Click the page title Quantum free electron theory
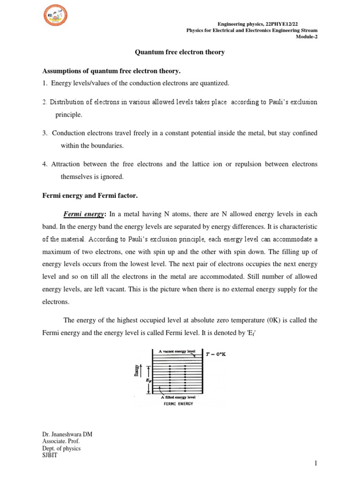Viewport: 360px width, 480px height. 180,52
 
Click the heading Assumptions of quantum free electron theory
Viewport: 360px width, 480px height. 112,71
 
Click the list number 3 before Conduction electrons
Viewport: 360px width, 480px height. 45,133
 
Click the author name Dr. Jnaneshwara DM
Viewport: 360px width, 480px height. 67,435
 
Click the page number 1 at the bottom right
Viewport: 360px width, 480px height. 316,464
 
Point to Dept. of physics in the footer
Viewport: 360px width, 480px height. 61,448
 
